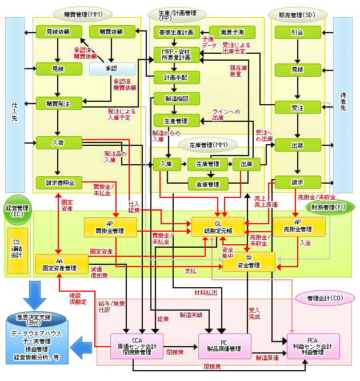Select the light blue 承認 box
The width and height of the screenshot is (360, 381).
[111, 68]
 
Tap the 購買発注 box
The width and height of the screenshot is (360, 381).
[57, 104]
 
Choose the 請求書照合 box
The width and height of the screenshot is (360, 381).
[57, 182]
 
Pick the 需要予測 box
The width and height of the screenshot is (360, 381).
[232, 33]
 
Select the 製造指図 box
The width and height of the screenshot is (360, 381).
[177, 98]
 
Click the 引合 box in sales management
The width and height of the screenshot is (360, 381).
[297, 33]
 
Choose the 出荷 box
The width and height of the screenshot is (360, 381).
[297, 145]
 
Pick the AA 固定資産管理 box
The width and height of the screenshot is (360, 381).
[59, 264]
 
